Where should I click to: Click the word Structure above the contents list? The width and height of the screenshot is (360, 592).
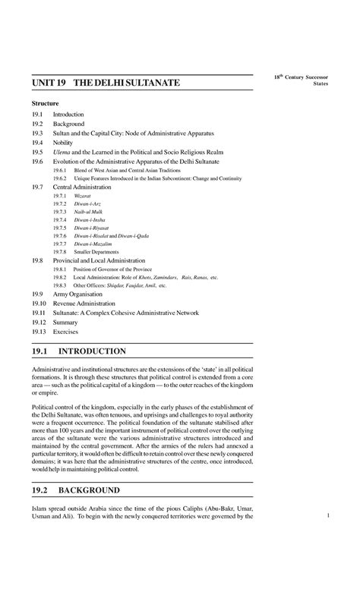tap(45, 102)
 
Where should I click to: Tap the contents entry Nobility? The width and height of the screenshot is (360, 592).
tap(64, 142)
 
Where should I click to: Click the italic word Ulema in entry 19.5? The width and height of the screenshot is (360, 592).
tap(61, 152)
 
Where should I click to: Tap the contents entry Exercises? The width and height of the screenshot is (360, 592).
tap(65, 331)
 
